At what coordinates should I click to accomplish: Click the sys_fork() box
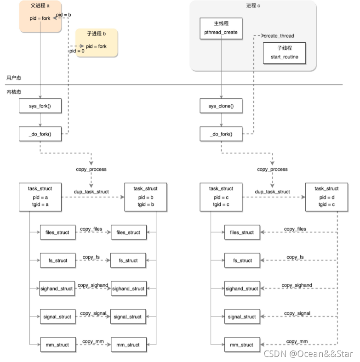pos(40,106)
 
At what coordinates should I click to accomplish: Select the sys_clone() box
pos(221,106)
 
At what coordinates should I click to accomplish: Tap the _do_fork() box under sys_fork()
pos(40,134)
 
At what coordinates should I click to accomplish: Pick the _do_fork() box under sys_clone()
pos(221,134)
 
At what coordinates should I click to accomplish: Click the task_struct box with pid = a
pos(40,197)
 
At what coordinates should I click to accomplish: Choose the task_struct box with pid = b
pos(145,197)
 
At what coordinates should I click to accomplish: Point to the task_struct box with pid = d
pos(326,197)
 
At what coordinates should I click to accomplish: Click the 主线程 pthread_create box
pos(221,28)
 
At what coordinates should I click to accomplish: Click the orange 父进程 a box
pos(40,16)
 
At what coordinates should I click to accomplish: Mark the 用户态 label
pos(14,78)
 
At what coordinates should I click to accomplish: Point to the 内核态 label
pos(14,92)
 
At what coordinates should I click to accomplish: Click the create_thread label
pos(279,36)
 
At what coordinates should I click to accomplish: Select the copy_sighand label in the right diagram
pos(297,285)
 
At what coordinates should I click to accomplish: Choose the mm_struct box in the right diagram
pos(242,345)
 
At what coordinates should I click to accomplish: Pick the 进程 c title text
pos(253,6)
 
